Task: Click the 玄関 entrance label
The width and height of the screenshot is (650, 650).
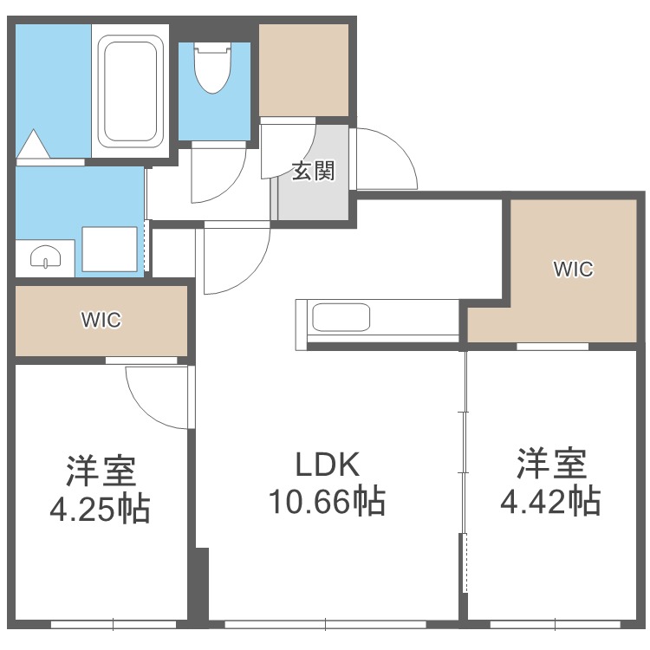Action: click(x=312, y=171)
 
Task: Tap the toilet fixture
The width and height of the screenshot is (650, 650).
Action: click(x=213, y=69)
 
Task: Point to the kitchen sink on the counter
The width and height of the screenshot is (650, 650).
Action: click(x=341, y=317)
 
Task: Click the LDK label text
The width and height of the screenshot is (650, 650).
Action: click(x=328, y=466)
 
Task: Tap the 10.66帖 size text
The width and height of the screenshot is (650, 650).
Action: click(x=328, y=501)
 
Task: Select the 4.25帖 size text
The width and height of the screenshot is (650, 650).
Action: click(x=100, y=508)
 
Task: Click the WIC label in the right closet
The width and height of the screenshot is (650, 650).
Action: click(x=573, y=270)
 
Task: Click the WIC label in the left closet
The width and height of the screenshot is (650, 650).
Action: click(x=101, y=320)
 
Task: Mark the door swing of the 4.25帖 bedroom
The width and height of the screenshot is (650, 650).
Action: click(x=156, y=394)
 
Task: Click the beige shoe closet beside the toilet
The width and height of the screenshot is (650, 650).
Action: click(x=304, y=69)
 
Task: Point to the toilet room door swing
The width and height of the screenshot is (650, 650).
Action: click(x=217, y=173)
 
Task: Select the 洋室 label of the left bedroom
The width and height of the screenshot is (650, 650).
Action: click(x=100, y=471)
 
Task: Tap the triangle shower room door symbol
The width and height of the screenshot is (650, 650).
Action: click(x=35, y=144)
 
